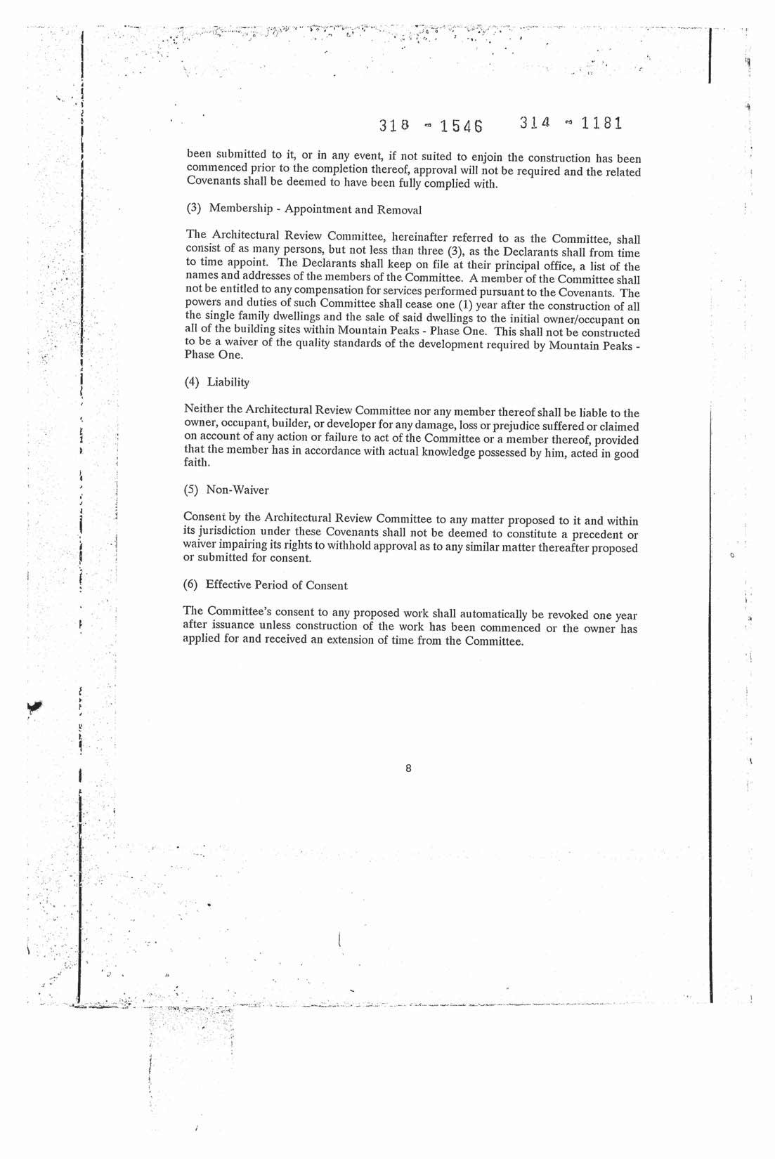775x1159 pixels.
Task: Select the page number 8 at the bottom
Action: pyautogui.click(x=408, y=768)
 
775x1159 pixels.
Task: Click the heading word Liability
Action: pyautogui.click(x=228, y=382)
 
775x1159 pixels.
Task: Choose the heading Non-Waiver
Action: pyautogui.click(x=237, y=490)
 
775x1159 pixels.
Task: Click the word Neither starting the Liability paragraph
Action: pyautogui.click(x=203, y=410)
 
